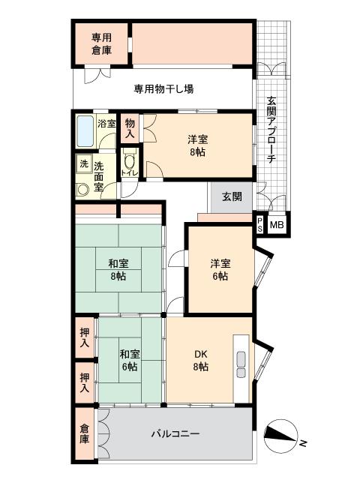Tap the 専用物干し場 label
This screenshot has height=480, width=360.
click(164, 88)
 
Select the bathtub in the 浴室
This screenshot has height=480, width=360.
click(85, 132)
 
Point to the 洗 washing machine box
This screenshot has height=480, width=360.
click(82, 163)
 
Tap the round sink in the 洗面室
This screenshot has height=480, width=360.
click(83, 188)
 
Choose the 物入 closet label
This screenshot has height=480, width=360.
click(130, 129)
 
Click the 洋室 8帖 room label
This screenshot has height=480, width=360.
click(198, 145)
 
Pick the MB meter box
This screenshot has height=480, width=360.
click(277, 223)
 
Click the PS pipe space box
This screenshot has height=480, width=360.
click(260, 223)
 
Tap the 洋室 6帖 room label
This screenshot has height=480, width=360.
click(220, 269)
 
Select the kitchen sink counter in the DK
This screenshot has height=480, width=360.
click(241, 363)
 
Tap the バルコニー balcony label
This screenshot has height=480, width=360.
click(175, 433)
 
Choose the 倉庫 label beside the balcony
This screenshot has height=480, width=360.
click(84, 434)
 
